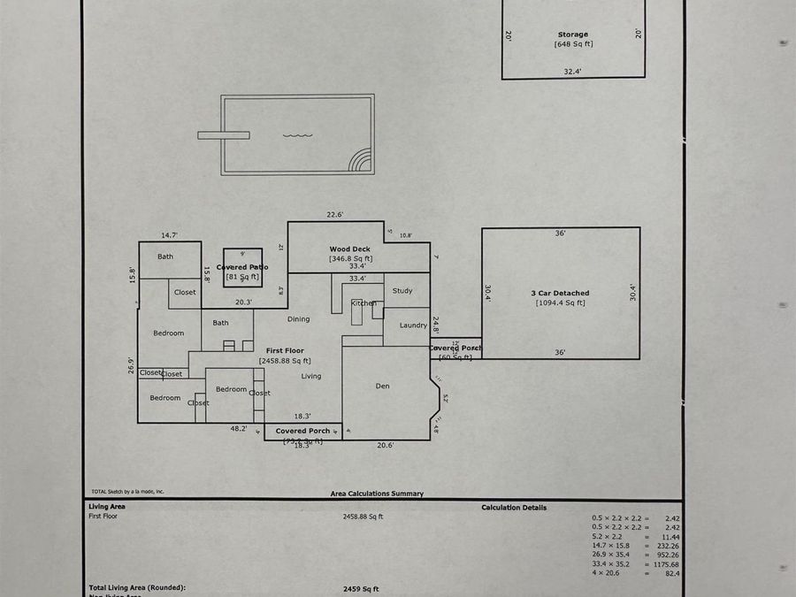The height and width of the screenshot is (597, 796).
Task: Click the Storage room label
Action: [x=572, y=34]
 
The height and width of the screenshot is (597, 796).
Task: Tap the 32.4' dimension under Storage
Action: [x=572, y=71]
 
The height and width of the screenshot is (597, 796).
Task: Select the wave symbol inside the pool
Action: [x=297, y=135]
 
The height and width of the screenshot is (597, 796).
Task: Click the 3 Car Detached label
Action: [x=560, y=293]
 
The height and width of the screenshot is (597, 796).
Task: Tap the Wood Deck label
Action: [x=350, y=249]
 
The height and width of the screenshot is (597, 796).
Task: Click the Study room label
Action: [x=402, y=290]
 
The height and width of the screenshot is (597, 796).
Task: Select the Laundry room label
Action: [x=413, y=325]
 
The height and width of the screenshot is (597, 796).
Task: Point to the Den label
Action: [x=383, y=386]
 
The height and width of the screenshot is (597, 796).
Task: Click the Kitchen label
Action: [x=364, y=303]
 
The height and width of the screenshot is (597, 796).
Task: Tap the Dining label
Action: [x=299, y=319]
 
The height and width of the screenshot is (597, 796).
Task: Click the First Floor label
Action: [x=285, y=351]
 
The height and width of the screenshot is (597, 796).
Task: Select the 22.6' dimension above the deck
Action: [x=334, y=214]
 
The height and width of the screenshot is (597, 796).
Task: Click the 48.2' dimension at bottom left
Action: [x=238, y=428]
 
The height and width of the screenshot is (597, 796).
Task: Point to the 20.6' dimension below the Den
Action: [x=385, y=445]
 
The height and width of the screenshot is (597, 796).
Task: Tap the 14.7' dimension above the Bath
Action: [x=169, y=235]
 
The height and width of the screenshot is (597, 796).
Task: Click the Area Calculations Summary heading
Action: [x=377, y=494]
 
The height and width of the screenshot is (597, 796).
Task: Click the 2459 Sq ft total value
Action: [x=361, y=588]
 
